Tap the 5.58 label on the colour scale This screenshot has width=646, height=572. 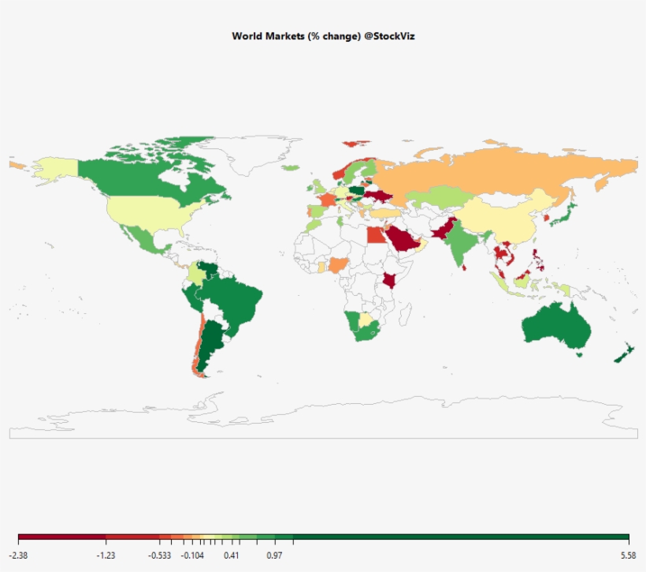[628, 555]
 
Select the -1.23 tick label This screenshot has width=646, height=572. [106, 555]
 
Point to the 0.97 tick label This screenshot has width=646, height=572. [275, 555]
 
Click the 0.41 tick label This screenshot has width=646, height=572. [232, 555]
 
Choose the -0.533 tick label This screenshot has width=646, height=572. [159, 555]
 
